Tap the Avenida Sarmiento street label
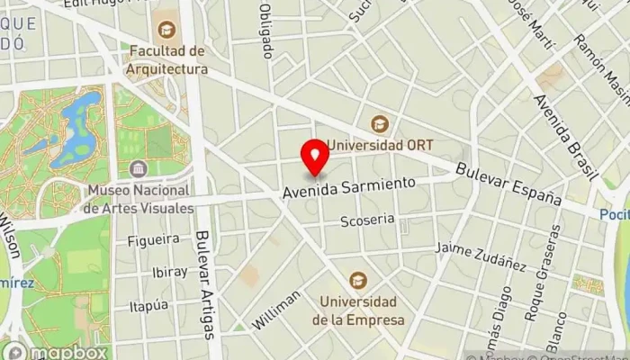point(349,187)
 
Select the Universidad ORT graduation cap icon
point(380,124)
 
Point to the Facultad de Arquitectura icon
point(166,29)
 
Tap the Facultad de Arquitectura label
point(167,59)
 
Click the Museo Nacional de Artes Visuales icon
point(139,169)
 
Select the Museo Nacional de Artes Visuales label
point(139,199)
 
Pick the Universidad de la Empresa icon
point(358,281)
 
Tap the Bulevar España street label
point(508,183)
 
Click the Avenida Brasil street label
point(559,134)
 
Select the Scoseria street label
point(367,220)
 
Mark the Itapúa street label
point(148,306)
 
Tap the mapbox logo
point(56,351)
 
